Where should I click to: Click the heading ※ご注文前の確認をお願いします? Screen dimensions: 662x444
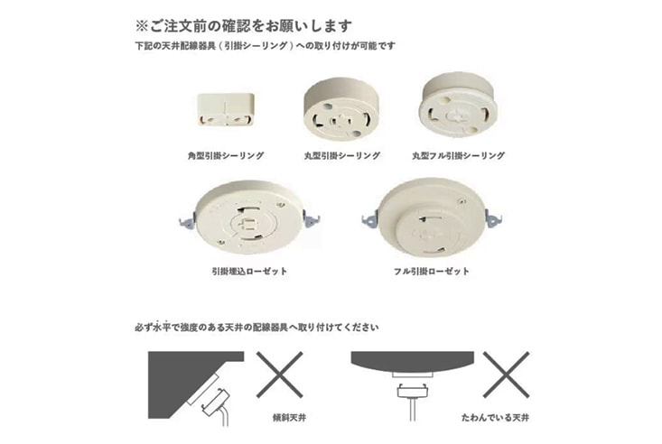tap(243, 26)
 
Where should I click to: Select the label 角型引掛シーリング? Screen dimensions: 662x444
tap(226, 156)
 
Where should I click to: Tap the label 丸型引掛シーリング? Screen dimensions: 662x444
tap(342, 156)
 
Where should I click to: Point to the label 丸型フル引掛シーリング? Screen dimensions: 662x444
tap(459, 156)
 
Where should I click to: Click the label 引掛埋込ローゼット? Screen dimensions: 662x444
tap(249, 271)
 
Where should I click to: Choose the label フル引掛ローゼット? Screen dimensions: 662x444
tap(432, 271)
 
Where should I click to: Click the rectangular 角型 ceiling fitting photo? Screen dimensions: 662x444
tap(226, 109)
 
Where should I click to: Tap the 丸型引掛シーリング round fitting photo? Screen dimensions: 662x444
tap(341, 108)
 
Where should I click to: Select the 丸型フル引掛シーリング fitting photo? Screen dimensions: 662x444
tap(458, 105)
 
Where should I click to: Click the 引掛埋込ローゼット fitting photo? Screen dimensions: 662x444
tap(249, 217)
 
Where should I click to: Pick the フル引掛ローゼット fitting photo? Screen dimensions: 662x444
tap(432, 217)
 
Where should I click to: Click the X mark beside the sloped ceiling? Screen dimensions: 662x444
tap(279, 375)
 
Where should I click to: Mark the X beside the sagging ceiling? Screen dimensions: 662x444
tap(507, 375)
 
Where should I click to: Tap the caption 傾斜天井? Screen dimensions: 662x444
tap(289, 418)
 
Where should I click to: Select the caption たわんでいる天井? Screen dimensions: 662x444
tap(495, 418)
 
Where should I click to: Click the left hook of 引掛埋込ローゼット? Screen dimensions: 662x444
tap(187, 221)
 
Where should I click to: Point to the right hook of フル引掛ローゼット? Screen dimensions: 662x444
tap(494, 218)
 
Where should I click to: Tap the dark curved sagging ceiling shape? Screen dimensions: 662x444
tap(413, 362)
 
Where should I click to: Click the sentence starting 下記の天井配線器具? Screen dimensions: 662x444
tap(266, 46)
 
